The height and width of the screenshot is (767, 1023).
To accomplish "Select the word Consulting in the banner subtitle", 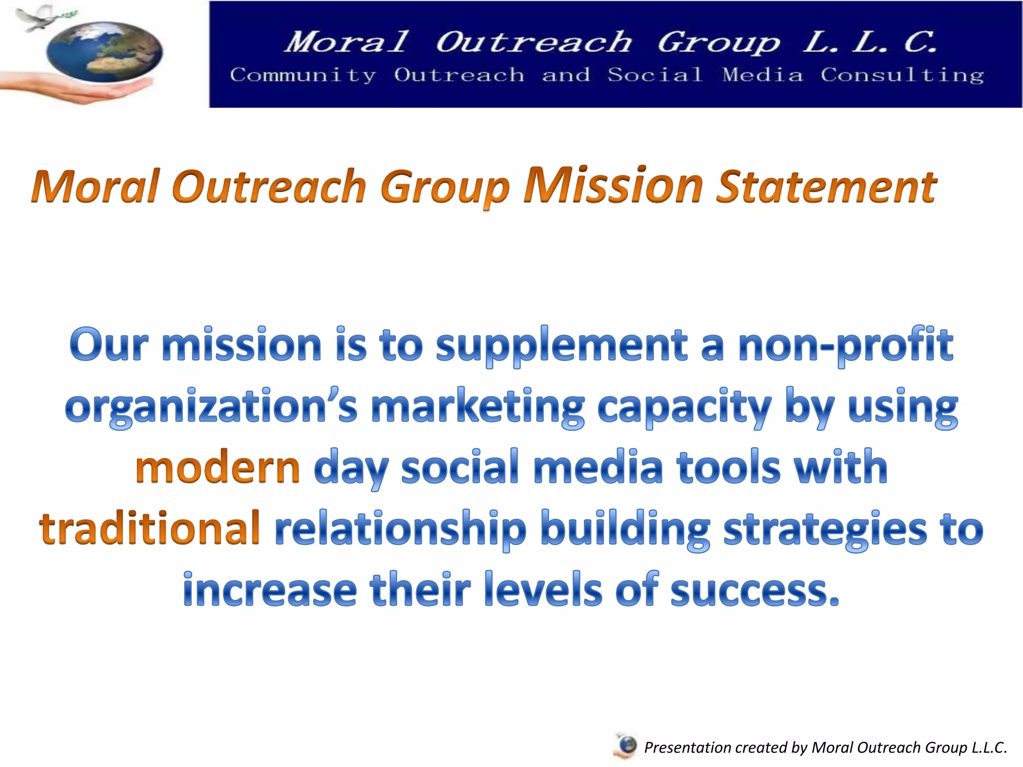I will (x=902, y=75).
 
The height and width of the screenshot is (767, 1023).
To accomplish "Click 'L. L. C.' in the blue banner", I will (x=869, y=42).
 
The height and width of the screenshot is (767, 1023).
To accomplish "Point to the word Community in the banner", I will (x=303, y=75).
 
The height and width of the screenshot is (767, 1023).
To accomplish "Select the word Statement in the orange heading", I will (x=826, y=187).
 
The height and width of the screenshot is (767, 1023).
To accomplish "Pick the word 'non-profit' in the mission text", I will (x=846, y=346).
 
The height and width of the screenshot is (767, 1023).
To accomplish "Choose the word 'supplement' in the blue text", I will (x=561, y=347).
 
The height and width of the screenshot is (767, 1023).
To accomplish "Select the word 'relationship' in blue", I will (x=401, y=529).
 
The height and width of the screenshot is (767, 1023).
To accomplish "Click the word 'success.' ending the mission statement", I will (x=754, y=590).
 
